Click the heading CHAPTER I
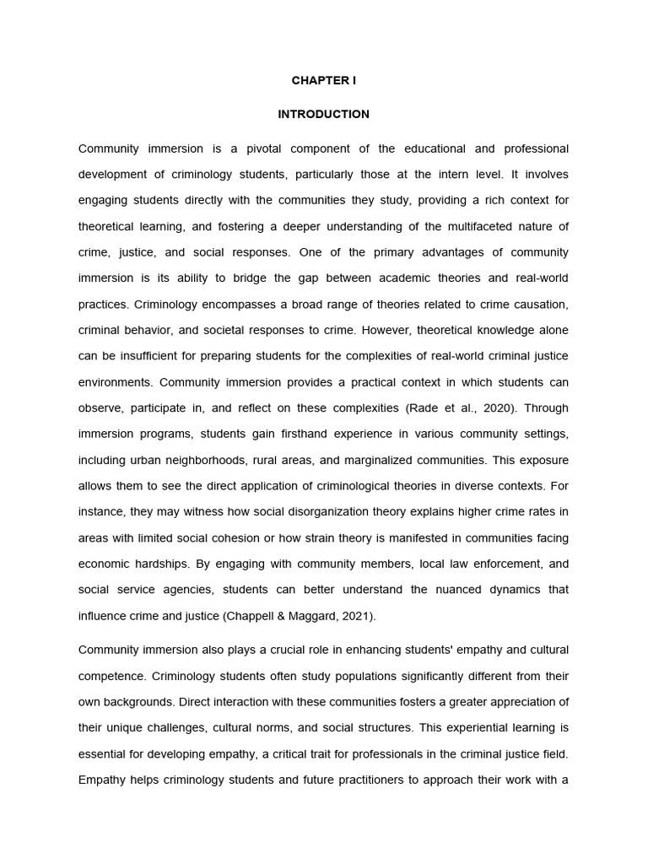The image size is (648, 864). point(324,81)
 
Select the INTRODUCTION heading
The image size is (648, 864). point(324,114)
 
